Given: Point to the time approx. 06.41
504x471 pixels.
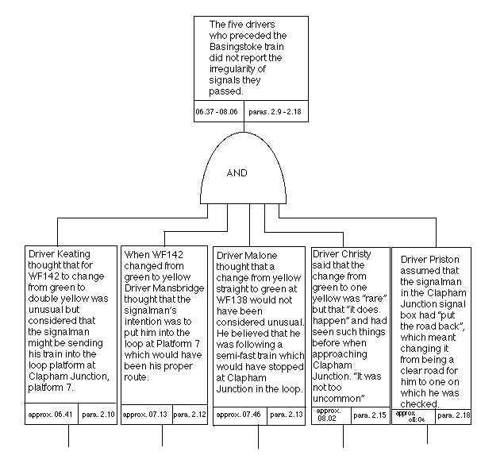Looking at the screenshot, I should point(47,414).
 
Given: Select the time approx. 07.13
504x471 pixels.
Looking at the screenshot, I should point(144,414).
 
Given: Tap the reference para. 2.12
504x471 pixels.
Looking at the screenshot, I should point(189,414).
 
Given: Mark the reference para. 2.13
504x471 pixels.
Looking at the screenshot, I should point(284,415).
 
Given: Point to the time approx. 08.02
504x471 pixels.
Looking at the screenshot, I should point(330,415).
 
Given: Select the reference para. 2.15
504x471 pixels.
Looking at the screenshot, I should point(368,415).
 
